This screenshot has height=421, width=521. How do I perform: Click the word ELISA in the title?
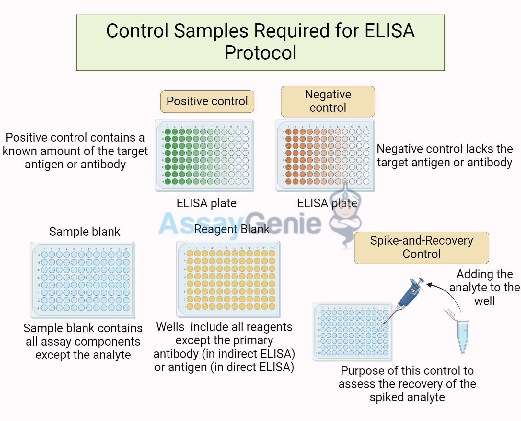(389, 31)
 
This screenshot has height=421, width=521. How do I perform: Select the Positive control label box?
(207, 101)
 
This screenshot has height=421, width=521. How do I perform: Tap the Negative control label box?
(328, 101)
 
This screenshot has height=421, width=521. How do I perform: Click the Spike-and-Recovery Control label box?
(421, 247)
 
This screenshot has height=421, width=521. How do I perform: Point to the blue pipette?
(409, 295)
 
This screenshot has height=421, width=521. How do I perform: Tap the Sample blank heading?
(85, 232)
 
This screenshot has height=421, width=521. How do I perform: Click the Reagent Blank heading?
(232, 229)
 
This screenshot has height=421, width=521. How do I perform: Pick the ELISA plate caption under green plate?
(206, 203)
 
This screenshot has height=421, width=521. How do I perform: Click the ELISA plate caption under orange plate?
(327, 203)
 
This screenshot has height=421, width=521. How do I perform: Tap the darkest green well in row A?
(168, 132)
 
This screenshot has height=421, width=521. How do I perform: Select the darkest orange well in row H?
(288, 182)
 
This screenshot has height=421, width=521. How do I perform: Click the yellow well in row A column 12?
(272, 254)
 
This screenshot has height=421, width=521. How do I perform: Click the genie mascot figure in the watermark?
(345, 214)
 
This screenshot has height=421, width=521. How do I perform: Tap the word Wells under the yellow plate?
(170, 327)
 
